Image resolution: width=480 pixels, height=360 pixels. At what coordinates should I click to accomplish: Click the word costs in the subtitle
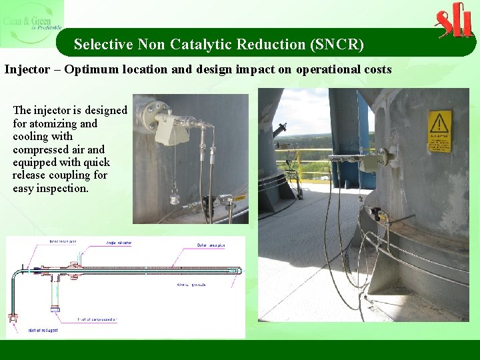(x=376, y=69)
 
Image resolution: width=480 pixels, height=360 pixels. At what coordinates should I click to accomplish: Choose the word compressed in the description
(x=41, y=149)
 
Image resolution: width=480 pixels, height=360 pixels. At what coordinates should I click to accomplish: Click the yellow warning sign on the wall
(x=439, y=131)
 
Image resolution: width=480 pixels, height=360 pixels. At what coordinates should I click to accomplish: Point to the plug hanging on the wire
(x=175, y=197)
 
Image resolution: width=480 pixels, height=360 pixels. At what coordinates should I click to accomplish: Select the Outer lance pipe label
(x=211, y=245)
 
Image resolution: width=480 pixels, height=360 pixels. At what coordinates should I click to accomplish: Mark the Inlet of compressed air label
(x=98, y=320)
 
